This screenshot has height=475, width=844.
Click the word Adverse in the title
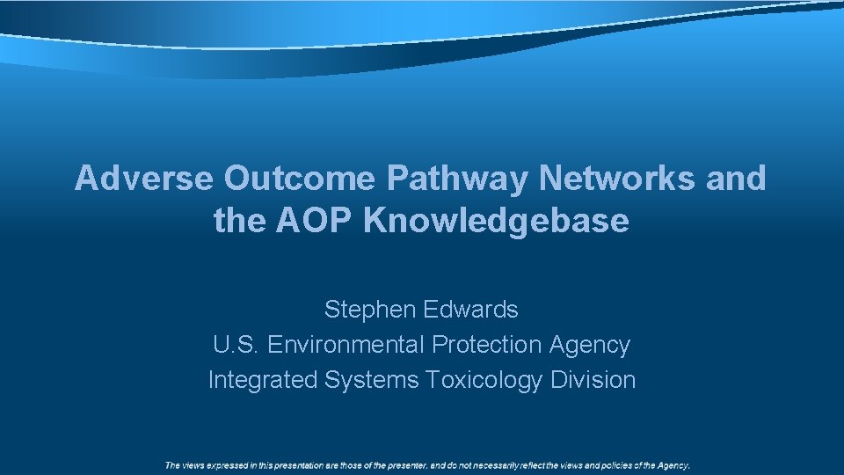click(x=143, y=179)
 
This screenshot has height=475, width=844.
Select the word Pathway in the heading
click(x=457, y=179)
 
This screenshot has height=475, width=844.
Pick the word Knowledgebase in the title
click(x=497, y=221)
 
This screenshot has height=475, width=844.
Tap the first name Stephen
click(x=369, y=310)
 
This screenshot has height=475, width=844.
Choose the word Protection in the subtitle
click(x=487, y=345)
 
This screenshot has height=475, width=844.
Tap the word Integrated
click(x=263, y=380)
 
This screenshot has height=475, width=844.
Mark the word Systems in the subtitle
click(x=372, y=380)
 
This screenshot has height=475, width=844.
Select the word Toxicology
click(x=484, y=380)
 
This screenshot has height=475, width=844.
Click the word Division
click(x=593, y=380)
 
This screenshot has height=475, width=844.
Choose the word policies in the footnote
click(x=615, y=465)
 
